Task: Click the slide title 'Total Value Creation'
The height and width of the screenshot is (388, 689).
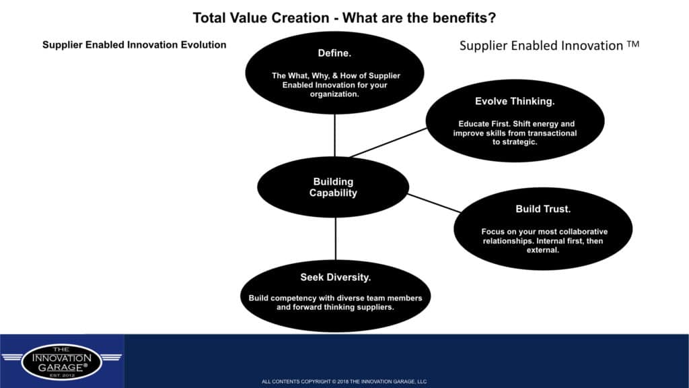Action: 261,18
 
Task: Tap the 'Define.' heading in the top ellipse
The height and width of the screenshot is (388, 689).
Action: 334,53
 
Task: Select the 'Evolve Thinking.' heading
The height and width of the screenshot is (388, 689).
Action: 515,102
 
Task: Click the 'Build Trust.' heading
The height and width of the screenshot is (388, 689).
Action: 543,209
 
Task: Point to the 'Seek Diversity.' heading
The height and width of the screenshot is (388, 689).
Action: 335,277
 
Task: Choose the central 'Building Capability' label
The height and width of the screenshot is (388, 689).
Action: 333,187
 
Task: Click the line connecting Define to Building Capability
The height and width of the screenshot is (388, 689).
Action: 335,135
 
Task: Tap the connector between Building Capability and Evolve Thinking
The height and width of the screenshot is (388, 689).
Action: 388,143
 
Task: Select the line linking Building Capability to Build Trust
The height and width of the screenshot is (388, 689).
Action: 434,203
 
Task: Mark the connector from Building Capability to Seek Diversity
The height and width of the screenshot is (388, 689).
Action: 336,238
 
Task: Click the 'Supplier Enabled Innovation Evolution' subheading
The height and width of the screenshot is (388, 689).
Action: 134,45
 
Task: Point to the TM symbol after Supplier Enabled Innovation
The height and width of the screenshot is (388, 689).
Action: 632,44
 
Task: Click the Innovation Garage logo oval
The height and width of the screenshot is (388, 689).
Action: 61,362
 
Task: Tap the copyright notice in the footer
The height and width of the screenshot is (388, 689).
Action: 344,381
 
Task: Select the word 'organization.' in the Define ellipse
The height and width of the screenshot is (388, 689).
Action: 334,94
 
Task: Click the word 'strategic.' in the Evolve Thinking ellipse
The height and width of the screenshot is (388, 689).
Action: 515,142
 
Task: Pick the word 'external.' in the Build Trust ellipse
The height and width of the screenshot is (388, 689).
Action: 543,251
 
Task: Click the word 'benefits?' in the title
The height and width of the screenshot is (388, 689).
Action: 464,18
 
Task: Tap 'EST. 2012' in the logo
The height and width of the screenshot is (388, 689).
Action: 62,375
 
